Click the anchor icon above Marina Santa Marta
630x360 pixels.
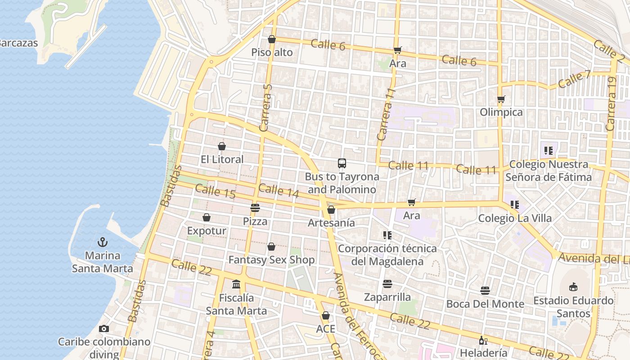[103, 242]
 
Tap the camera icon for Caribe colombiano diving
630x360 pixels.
[104, 328]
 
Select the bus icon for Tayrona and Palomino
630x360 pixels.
[342, 163]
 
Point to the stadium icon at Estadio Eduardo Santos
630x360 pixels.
[573, 287]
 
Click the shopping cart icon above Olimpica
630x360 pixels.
[501, 99]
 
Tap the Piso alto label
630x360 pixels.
[272, 53]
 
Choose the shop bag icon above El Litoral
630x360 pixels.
[222, 146]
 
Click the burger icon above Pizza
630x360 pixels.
[255, 208]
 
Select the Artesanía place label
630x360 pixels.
[331, 223]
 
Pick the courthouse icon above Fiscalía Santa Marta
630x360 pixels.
[236, 284]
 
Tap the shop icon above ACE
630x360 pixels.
[325, 315]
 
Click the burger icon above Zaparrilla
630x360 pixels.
[387, 284]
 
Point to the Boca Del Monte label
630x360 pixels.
[485, 304]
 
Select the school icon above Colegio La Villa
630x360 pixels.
[515, 205]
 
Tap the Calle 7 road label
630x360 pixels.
[574, 80]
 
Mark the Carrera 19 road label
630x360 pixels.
[611, 104]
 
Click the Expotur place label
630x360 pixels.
[207, 231]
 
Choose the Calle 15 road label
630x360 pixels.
[216, 191]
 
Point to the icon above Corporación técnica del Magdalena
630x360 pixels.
[387, 235]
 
